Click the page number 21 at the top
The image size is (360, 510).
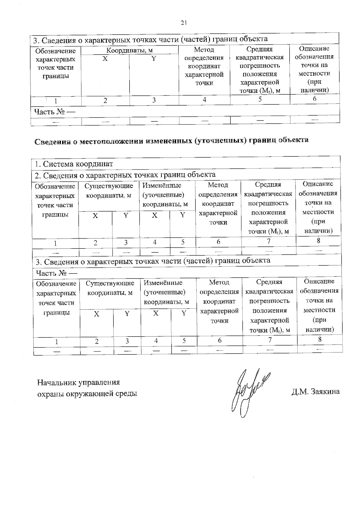pos(184,23)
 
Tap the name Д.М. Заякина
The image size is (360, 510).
pos(315,391)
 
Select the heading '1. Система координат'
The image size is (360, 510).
pos(74,164)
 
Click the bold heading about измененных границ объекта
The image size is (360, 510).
pos(171,140)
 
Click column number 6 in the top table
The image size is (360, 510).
pos(314,98)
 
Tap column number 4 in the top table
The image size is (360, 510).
pos(204,99)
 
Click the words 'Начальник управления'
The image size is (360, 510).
pos(78,382)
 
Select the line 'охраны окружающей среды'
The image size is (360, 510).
pos(87,394)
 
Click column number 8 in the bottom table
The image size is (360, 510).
pos(320,339)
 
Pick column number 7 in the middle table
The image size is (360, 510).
pos(268,241)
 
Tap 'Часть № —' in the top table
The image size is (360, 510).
pos(54,112)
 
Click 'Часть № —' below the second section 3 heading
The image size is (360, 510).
pos(56,273)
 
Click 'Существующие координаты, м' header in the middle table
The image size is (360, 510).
pos(109,191)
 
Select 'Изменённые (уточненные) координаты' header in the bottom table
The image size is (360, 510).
pos(166,292)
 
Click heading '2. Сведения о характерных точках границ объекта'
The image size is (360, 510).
pos(125,175)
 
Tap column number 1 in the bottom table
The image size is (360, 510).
pos(56,342)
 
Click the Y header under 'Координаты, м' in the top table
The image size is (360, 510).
pos(154,59)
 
